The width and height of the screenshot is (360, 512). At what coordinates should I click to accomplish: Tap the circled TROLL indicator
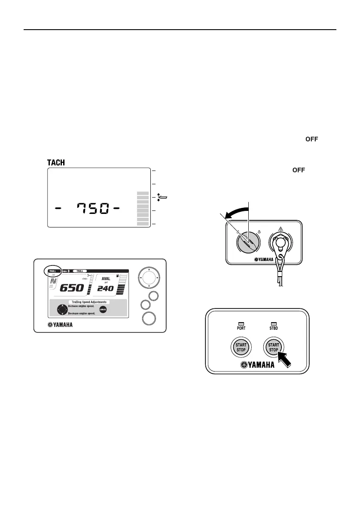pyautogui.click(x=52, y=271)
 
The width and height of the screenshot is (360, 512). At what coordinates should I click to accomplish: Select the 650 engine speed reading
pyautogui.click(x=71, y=288)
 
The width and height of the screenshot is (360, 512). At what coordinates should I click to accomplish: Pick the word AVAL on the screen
pyautogui.click(x=106, y=278)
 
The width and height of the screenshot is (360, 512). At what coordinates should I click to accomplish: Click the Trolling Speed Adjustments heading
pyautogui.click(x=89, y=302)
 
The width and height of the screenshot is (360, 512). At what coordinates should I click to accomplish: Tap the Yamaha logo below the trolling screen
pyautogui.click(x=60, y=324)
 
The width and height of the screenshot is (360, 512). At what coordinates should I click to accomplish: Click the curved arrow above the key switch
pyautogui.click(x=235, y=210)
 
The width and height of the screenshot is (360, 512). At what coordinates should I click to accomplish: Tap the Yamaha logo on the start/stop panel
pyautogui.click(x=258, y=366)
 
